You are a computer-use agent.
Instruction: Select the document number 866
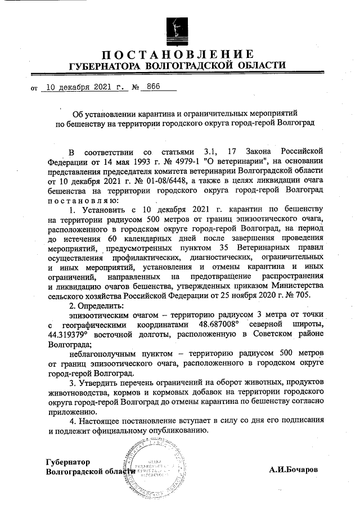152,87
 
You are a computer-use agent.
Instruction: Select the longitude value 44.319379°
73,335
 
